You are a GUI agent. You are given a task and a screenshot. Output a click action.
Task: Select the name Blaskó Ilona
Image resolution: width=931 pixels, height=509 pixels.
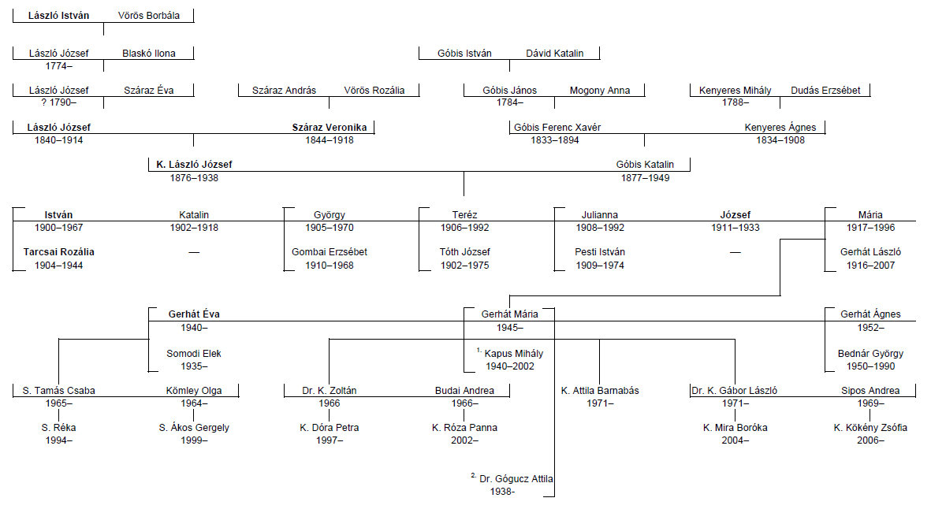click(149, 54)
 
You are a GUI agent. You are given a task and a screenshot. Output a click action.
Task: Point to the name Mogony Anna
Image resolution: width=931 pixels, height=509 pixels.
click(600, 91)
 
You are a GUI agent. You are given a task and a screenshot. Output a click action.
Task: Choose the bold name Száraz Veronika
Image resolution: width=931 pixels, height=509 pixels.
click(330, 128)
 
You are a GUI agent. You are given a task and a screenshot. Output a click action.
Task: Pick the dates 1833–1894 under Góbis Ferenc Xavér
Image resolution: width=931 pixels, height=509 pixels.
click(557, 140)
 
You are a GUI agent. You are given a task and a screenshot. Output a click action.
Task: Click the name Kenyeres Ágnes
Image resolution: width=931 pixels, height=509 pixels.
click(780, 128)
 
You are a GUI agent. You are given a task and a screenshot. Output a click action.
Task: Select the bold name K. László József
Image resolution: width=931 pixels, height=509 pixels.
click(194, 165)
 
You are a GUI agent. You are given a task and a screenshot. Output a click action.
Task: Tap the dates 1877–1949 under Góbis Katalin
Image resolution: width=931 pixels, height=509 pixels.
click(645, 178)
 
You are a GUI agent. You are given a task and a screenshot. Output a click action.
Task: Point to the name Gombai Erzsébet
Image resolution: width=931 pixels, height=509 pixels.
click(330, 252)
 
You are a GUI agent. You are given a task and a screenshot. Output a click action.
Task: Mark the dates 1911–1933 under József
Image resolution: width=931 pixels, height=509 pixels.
click(735, 228)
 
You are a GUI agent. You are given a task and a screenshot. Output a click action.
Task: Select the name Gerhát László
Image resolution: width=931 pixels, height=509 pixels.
click(870, 252)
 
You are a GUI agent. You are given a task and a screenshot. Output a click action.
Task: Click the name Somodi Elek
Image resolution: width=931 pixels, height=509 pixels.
click(194, 354)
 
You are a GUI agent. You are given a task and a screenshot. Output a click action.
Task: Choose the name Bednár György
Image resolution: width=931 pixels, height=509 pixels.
click(870, 354)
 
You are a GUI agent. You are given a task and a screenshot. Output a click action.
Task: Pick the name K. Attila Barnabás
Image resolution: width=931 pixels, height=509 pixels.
click(600, 391)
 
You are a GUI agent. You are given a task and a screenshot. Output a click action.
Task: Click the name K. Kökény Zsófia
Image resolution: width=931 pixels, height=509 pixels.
click(870, 428)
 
